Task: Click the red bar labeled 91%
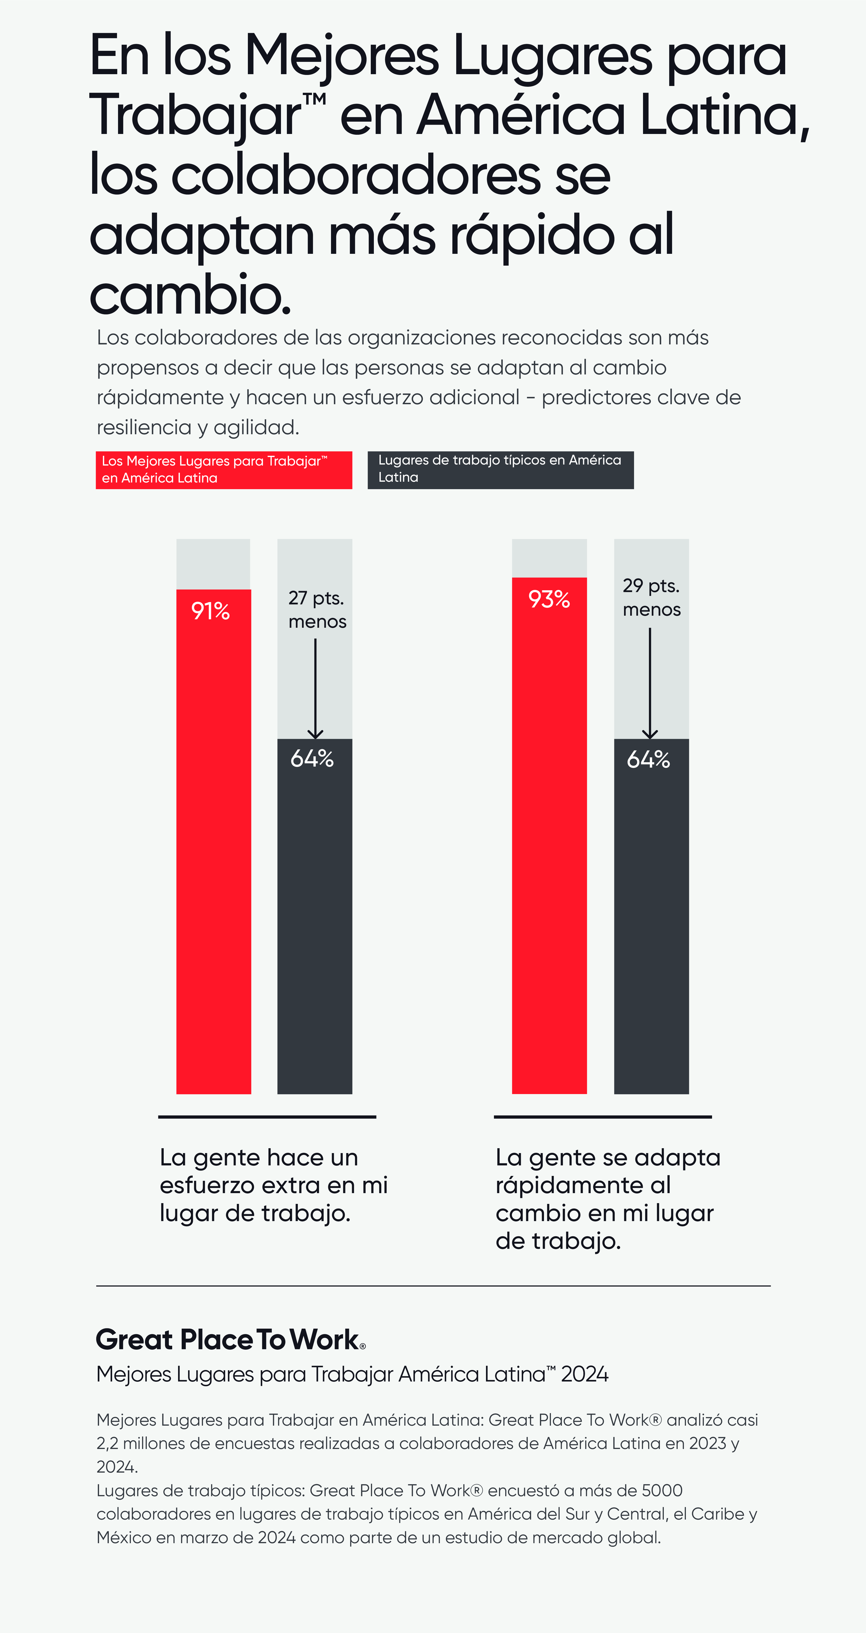214,856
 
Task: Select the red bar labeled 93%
549,856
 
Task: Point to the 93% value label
549,599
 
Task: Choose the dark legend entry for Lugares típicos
500,469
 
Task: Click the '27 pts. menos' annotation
317,609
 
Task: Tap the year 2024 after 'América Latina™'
585,1374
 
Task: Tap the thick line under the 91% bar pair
267,1116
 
